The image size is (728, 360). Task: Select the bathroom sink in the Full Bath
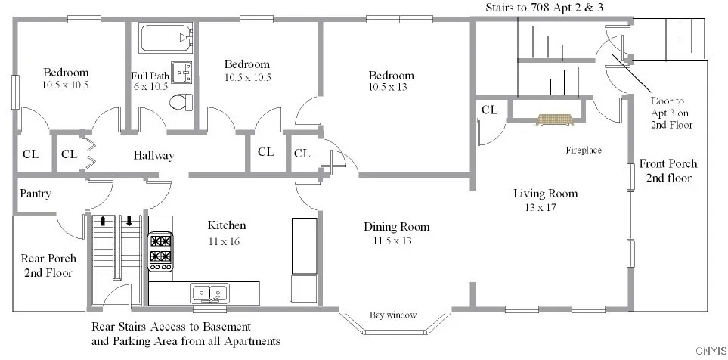181,72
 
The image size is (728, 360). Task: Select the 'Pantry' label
36,194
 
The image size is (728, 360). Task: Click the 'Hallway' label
153,156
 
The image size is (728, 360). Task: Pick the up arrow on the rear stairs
103,222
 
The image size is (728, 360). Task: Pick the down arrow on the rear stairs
129,222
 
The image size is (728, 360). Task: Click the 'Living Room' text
545,194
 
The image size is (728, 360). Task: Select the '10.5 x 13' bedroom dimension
391,88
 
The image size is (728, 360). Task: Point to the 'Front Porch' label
668,163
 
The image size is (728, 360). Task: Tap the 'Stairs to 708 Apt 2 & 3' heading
547,7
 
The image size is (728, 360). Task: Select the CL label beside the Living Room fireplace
490,110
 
